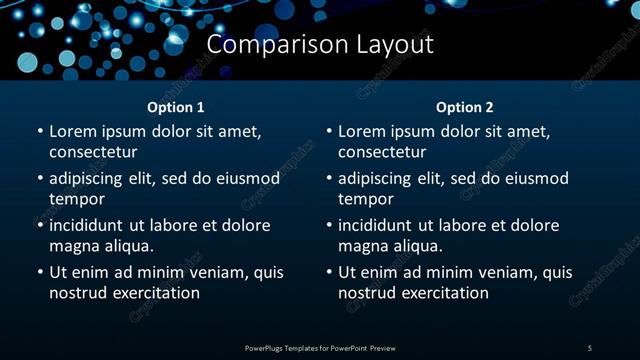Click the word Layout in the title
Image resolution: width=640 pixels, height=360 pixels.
pyautogui.click(x=396, y=45)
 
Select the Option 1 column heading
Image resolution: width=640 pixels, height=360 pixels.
pyautogui.click(x=176, y=107)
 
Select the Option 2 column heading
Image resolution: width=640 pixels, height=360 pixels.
pyautogui.click(x=465, y=107)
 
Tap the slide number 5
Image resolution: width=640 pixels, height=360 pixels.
pyautogui.click(x=590, y=347)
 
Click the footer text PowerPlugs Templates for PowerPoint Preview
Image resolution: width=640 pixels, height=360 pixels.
pyautogui.click(x=320, y=347)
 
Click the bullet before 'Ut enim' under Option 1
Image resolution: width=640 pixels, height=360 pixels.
pyautogui.click(x=39, y=272)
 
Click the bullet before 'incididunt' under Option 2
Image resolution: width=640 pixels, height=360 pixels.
pyautogui.click(x=328, y=225)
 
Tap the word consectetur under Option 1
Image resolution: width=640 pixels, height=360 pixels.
pyautogui.click(x=93, y=152)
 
